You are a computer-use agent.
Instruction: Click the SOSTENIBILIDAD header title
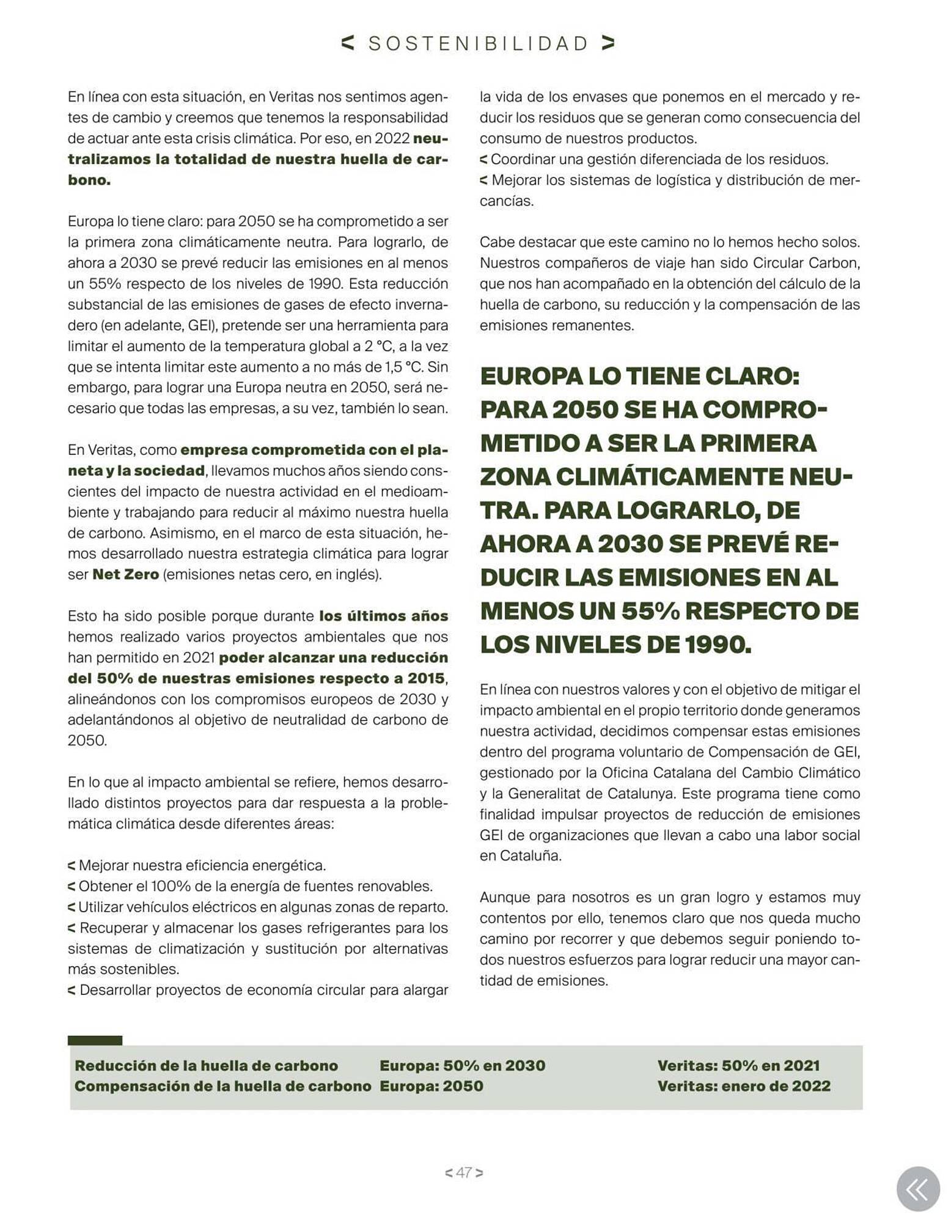479,43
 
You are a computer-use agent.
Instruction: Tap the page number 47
464,1172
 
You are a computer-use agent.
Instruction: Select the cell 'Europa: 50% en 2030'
462,1065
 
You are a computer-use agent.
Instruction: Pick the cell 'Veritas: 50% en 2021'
738,1065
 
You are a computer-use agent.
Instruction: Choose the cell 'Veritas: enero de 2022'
744,1086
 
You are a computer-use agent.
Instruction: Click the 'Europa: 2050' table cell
431,1086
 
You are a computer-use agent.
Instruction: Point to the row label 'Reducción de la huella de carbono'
206,1065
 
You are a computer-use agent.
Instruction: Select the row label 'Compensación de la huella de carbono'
222,1086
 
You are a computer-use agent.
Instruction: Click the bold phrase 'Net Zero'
125,574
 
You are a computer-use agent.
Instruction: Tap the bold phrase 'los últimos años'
383,616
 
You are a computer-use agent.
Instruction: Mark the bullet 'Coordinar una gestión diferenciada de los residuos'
659,160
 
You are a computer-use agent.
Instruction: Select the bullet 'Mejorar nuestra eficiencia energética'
202,865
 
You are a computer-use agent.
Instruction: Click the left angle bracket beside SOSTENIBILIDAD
348,43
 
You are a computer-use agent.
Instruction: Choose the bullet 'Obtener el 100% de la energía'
255,886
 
